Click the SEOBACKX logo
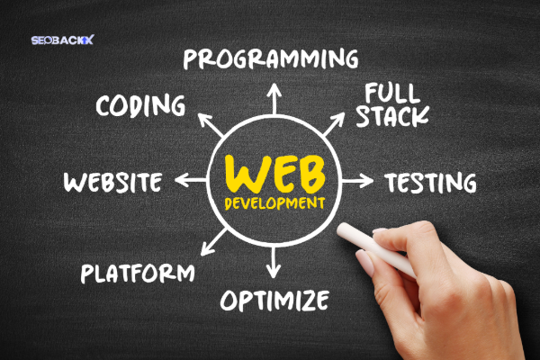point(62,40)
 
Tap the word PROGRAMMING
point(271,58)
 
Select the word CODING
point(140,105)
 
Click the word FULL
point(392,93)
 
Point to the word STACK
point(392,116)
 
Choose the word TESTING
point(430,182)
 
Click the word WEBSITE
point(113,182)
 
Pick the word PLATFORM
point(138,274)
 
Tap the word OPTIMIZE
point(274,300)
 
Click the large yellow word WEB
point(274,174)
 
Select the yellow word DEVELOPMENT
point(274,203)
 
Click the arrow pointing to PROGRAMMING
point(274,99)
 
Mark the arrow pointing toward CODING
point(211,125)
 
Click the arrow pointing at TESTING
point(357,181)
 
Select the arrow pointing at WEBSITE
point(191,180)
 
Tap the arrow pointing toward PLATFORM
point(213,242)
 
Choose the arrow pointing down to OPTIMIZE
point(274,263)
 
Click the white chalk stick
point(376,248)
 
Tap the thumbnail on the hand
point(365,263)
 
